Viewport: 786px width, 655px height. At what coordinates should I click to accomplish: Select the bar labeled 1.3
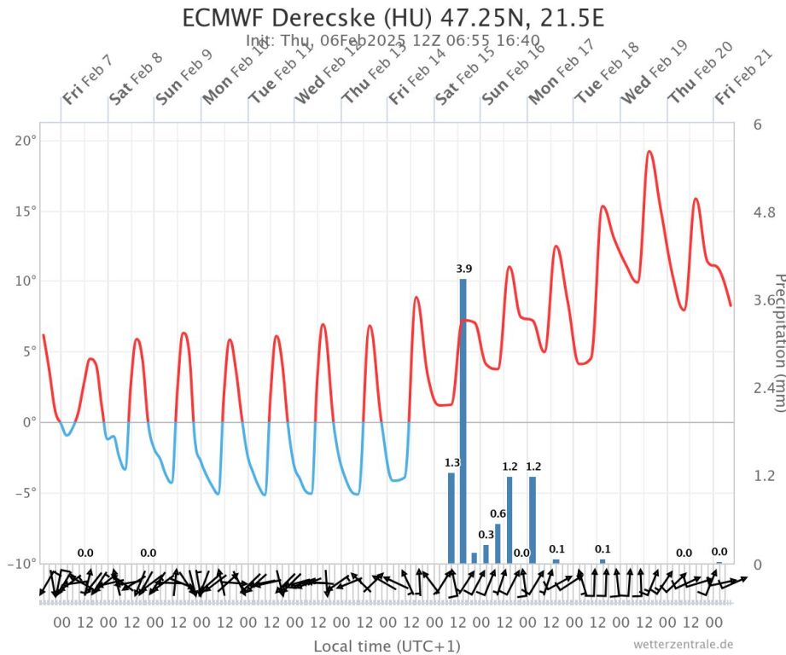(x=451, y=518)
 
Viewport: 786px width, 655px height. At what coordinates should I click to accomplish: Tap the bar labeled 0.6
(x=498, y=543)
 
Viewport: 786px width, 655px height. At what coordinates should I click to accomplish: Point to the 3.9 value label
(x=464, y=269)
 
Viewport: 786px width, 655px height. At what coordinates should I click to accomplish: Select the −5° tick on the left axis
(x=25, y=493)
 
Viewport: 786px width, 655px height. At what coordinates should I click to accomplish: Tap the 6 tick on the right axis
(x=757, y=125)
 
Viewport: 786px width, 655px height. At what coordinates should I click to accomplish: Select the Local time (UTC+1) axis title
(x=387, y=646)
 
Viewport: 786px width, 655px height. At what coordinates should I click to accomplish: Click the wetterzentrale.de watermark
(x=683, y=645)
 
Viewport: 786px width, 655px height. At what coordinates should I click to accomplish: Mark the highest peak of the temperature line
(x=649, y=152)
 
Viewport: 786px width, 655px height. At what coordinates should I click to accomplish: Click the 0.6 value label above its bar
(x=498, y=513)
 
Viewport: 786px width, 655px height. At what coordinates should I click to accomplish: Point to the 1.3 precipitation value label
(x=452, y=463)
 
